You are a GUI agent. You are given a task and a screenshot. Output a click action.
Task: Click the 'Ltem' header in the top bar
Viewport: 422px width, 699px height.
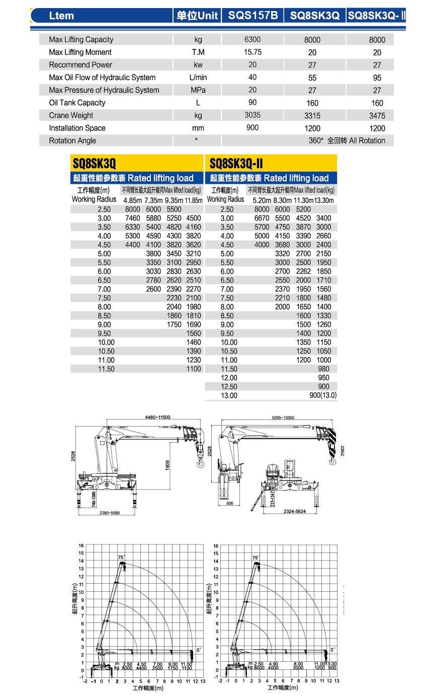point(61,16)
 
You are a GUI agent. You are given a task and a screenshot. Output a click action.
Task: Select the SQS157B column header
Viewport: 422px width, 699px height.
point(252,16)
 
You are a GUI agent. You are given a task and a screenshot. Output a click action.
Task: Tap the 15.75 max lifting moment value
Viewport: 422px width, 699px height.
point(252,52)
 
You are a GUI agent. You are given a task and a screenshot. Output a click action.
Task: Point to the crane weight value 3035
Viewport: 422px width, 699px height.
point(252,115)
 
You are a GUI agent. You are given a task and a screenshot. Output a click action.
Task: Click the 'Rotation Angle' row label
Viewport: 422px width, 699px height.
point(72,141)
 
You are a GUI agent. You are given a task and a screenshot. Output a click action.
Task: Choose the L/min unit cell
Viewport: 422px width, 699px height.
point(198,78)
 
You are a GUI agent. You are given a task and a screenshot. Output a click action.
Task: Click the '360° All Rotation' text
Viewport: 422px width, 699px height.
point(347,141)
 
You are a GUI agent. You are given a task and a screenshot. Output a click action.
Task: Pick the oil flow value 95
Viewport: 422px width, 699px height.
point(377,78)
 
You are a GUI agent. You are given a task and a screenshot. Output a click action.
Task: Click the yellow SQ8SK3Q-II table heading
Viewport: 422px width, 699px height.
point(236,163)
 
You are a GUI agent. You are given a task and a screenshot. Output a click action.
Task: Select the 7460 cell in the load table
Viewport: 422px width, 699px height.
point(132,218)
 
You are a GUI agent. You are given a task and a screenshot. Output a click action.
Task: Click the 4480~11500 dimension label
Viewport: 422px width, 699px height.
point(157,417)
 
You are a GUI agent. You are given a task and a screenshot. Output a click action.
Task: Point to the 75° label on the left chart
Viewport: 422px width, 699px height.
point(121,557)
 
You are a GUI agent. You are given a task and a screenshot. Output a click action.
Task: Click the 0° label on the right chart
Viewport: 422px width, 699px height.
point(333,650)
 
